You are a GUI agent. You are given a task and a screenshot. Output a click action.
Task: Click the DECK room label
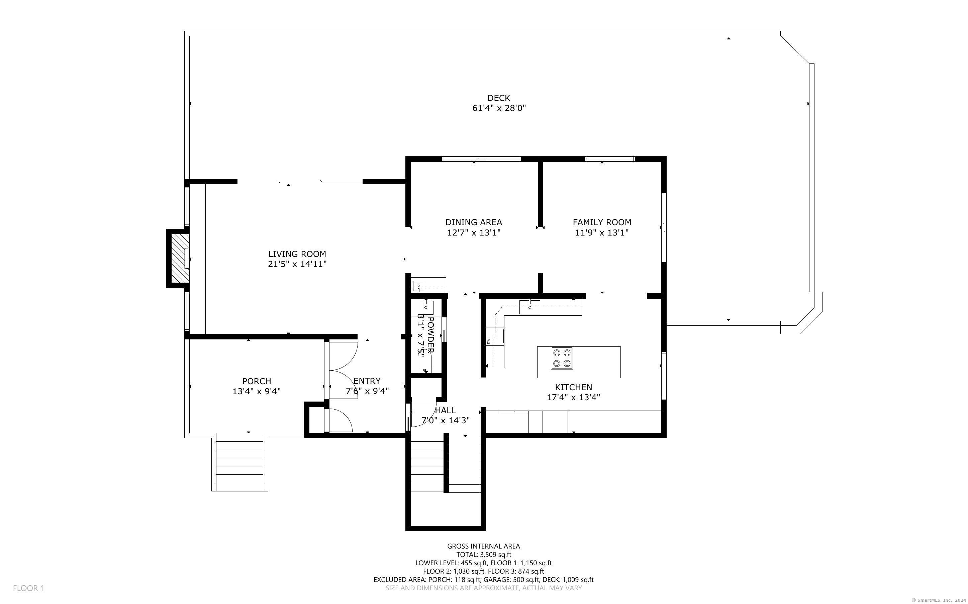[x=499, y=98]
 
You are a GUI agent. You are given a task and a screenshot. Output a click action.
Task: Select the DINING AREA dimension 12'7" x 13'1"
[x=474, y=233]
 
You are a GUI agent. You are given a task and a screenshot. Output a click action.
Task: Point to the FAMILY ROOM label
[x=602, y=222]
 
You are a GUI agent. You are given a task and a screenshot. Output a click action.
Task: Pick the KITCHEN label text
[x=573, y=387]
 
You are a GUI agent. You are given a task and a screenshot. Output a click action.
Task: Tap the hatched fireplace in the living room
[x=180, y=258]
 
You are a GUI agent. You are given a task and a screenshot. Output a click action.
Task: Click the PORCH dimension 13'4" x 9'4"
[x=257, y=391]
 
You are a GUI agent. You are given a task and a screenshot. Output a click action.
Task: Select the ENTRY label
[x=367, y=381]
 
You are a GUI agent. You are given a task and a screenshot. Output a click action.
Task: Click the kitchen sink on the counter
[x=529, y=307]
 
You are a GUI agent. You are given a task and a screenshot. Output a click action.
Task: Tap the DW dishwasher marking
[x=488, y=341]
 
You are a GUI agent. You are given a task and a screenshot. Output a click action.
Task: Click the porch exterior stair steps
[x=240, y=462]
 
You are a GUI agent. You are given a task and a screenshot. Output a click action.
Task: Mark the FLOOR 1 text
[x=28, y=588]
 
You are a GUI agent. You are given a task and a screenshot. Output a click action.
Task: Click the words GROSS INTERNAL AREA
[x=483, y=546]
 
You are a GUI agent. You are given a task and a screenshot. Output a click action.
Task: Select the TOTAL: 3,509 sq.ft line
[x=483, y=555]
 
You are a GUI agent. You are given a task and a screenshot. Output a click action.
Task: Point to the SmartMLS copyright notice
[x=940, y=600]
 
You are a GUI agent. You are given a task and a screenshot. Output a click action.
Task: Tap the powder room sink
[x=425, y=307]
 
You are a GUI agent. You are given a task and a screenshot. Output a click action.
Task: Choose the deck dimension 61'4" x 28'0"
[x=499, y=108]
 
